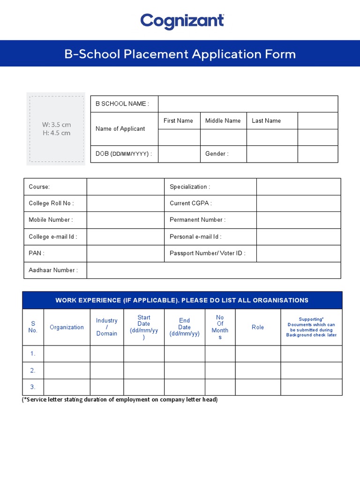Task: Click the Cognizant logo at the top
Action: pyautogui.click(x=182, y=21)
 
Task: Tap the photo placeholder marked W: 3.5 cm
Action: pyautogui.click(x=56, y=128)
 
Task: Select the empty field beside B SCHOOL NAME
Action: pyautogui.click(x=247, y=104)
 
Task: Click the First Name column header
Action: pyautogui.click(x=178, y=120)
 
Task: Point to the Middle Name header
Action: pyautogui.click(x=223, y=120)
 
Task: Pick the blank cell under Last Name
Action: pyautogui.click(x=272, y=137)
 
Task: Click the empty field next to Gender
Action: pyautogui.click(x=272, y=154)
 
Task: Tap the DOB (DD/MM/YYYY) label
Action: pyautogui.click(x=124, y=154)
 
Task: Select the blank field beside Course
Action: pyautogui.click(x=125, y=187)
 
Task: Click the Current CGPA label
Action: pyautogui.click(x=191, y=203)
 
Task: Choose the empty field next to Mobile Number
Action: pyautogui.click(x=125, y=220)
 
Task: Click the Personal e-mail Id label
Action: pyautogui.click(x=195, y=237)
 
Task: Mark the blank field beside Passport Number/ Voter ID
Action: pyautogui.click(x=299, y=253)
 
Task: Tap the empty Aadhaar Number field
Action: pyautogui.click(x=214, y=270)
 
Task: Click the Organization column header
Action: pyautogui.click(x=67, y=327)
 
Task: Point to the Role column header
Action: pyautogui.click(x=258, y=327)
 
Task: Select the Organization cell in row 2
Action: pyautogui.click(x=67, y=370)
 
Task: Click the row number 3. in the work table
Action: pyautogui.click(x=33, y=387)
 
